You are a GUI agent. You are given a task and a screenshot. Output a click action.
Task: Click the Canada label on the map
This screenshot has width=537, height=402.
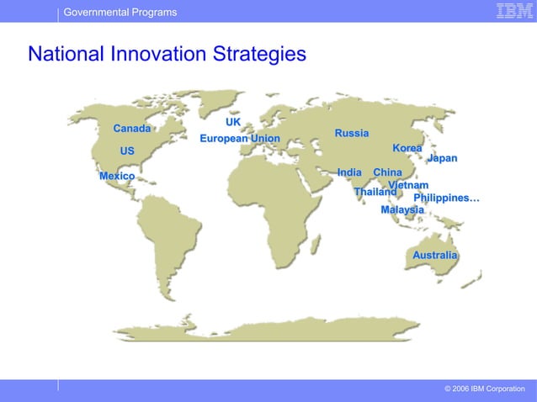click(132, 129)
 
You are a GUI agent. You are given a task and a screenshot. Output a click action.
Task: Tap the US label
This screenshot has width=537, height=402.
click(127, 151)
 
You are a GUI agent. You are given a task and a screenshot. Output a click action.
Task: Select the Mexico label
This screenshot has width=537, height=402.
click(117, 176)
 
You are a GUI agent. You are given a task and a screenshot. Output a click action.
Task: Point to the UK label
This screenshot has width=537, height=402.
click(233, 122)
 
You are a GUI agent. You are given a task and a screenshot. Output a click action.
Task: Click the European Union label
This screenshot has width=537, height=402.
click(240, 138)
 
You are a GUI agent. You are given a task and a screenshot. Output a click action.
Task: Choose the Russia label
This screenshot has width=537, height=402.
click(352, 133)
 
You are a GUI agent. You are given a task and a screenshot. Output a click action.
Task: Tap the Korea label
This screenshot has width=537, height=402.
click(407, 148)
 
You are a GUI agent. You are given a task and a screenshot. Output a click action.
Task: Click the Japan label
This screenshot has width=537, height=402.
click(442, 158)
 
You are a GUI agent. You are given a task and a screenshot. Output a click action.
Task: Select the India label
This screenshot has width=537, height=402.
click(349, 172)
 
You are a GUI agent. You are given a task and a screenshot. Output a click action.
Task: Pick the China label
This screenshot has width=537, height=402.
click(387, 172)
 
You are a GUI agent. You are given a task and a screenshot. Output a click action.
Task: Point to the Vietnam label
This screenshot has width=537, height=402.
click(408, 185)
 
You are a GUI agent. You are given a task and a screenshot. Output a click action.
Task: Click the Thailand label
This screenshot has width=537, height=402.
click(375, 192)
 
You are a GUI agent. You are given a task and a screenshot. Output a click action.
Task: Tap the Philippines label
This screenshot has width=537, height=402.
click(446, 198)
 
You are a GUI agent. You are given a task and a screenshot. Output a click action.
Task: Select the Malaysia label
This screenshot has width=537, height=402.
click(402, 209)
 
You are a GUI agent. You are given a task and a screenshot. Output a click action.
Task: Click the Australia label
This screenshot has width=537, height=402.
click(435, 255)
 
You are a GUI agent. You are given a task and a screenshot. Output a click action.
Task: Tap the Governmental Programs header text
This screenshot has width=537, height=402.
click(120, 12)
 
